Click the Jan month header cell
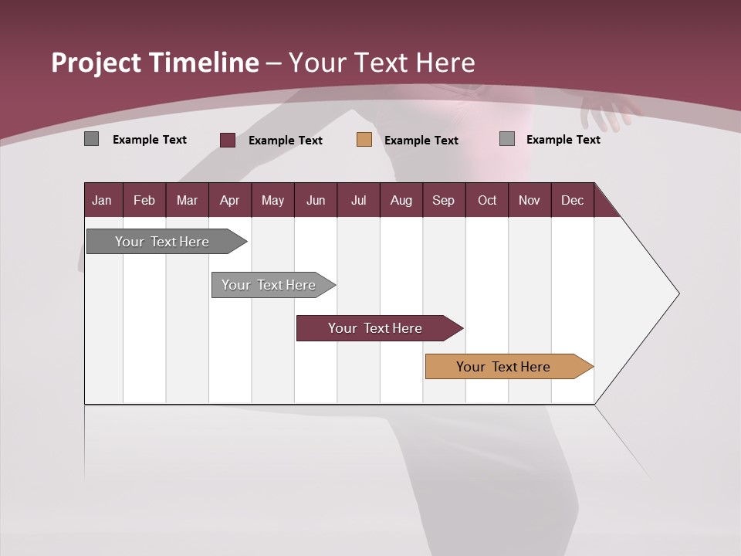(x=103, y=200)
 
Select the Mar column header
(x=187, y=200)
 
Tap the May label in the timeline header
(x=272, y=200)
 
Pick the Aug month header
(x=401, y=200)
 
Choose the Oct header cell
(x=486, y=200)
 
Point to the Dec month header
(x=572, y=200)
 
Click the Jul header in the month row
(x=358, y=200)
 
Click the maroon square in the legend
(x=228, y=140)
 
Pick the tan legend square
(x=364, y=140)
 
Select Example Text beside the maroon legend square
(x=285, y=141)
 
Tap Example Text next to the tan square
(x=421, y=141)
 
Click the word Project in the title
(x=96, y=63)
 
